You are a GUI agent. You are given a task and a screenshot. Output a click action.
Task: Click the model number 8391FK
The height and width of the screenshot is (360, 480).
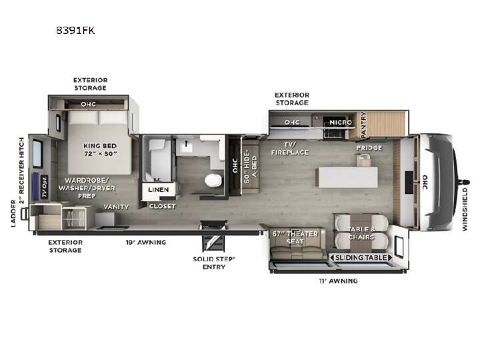(x=75, y=30)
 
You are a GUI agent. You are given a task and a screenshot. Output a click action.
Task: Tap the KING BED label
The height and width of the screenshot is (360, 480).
(x=100, y=146)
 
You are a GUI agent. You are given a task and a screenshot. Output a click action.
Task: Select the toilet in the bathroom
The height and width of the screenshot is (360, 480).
(x=213, y=180)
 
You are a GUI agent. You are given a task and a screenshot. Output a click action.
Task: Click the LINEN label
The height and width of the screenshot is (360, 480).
(x=158, y=190)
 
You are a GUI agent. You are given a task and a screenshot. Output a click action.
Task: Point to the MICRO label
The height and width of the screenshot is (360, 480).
(x=341, y=123)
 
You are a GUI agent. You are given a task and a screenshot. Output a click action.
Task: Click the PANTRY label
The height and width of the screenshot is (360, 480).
(x=363, y=125)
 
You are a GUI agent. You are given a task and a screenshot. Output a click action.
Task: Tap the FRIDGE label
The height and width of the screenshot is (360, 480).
(x=369, y=148)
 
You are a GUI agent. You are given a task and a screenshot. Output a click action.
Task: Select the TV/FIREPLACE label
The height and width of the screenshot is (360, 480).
(x=290, y=149)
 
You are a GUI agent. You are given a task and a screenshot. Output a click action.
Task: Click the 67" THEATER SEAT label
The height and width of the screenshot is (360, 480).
(x=295, y=237)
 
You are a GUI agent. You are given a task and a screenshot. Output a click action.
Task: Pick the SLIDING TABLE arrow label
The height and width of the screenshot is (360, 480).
(x=361, y=258)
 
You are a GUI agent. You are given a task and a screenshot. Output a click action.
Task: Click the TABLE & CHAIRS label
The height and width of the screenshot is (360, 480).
(x=361, y=233)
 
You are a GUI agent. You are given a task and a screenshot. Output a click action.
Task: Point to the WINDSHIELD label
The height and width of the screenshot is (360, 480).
(x=465, y=209)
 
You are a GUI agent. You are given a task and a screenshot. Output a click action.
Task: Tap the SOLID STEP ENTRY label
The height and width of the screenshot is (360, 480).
(x=214, y=263)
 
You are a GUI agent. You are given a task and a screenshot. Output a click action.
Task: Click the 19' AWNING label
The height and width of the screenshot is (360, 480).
(x=146, y=243)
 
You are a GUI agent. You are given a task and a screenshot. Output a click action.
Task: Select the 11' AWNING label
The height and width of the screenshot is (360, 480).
(x=338, y=281)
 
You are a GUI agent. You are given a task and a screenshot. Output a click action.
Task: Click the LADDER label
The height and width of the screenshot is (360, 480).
(x=13, y=213)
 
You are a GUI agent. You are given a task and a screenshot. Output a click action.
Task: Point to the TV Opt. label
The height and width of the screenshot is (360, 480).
(x=45, y=187)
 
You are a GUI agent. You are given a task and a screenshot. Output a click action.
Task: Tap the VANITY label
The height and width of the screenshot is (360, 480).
(x=116, y=207)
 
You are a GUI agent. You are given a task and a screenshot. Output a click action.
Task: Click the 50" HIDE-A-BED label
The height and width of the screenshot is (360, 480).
(x=251, y=166)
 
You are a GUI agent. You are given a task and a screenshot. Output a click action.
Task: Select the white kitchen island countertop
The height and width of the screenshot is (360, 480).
(x=348, y=177)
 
